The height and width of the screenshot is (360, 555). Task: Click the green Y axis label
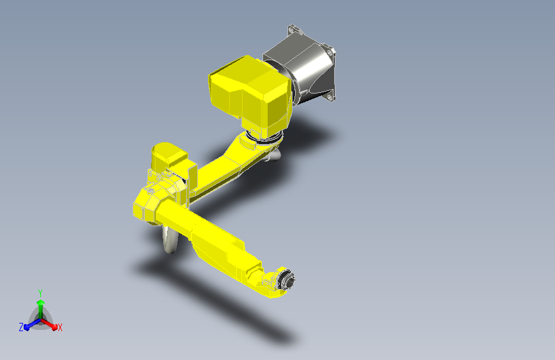[40, 291]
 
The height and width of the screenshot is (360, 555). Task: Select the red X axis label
[60, 327]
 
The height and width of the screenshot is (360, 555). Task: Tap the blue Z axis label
[21, 327]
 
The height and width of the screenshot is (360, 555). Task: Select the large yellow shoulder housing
[250, 90]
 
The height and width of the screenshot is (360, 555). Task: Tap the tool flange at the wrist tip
[289, 281]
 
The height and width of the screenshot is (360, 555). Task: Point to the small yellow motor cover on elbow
[168, 157]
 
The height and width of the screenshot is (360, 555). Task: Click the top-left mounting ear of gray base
[294, 29]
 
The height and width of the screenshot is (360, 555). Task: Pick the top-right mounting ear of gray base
[329, 51]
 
